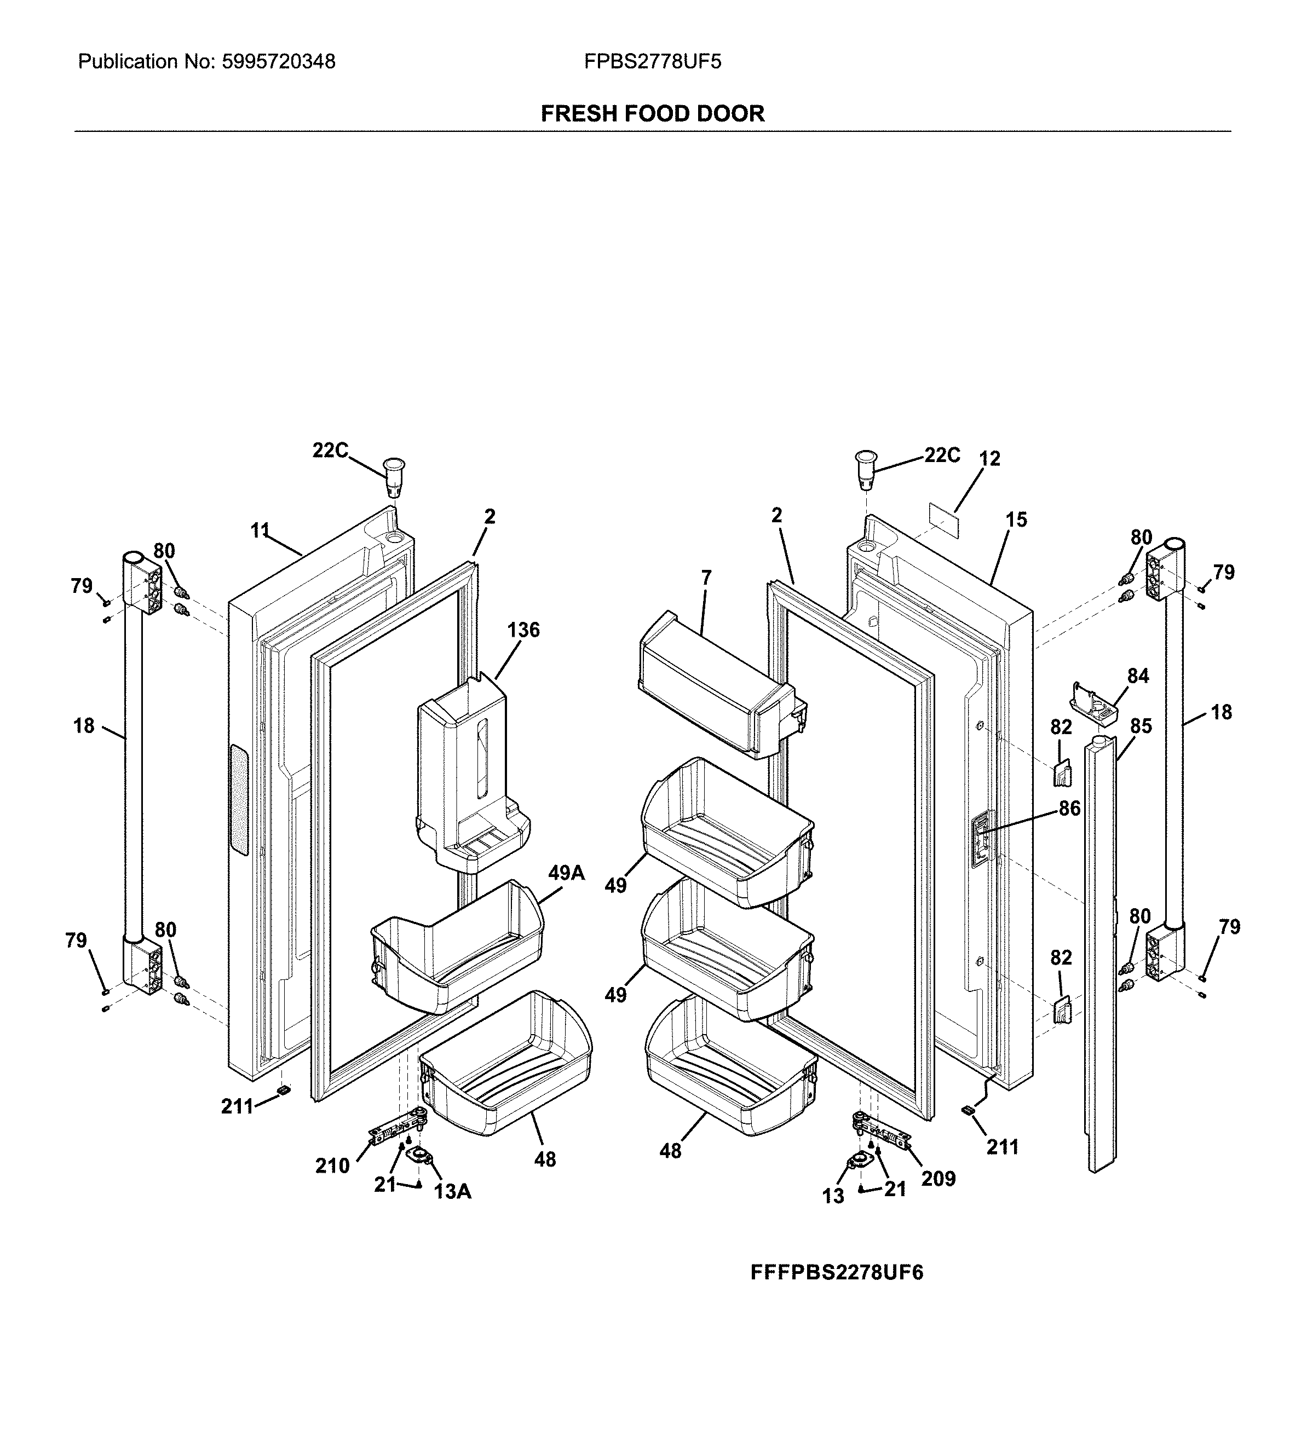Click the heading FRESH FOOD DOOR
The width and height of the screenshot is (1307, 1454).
[652, 113]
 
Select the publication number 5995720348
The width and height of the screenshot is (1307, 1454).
[279, 62]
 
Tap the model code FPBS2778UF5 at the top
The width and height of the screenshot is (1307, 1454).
[652, 62]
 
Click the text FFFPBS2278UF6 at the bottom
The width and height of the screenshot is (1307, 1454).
[837, 1272]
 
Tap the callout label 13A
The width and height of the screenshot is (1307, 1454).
[452, 1192]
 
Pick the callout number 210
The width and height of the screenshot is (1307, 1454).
[332, 1166]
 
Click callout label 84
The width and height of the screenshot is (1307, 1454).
[1137, 676]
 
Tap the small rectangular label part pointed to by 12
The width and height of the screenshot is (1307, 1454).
[941, 518]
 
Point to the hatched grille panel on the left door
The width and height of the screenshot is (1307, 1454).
[238, 800]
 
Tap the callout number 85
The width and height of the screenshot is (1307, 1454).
[1141, 726]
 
